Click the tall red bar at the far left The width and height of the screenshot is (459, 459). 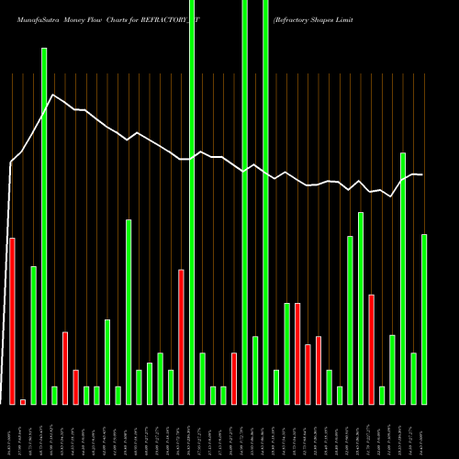click(x=12, y=320)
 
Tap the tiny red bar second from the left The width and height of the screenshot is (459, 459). click(x=23, y=401)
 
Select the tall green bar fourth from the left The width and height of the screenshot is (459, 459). click(x=44, y=226)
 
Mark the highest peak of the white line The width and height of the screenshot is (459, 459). click(x=54, y=95)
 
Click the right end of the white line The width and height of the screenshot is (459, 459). click(x=422, y=174)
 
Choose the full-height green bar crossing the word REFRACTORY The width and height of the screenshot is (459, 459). click(x=192, y=202)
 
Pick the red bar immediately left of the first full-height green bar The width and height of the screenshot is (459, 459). click(x=181, y=336)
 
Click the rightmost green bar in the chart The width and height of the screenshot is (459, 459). click(x=424, y=319)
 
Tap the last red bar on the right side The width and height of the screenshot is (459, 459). click(x=371, y=349)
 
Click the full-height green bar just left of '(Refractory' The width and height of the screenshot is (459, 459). click(x=265, y=202)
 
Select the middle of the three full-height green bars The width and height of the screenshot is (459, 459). click(x=244, y=202)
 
